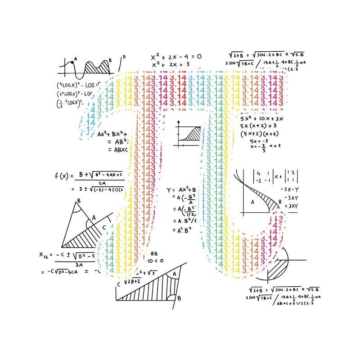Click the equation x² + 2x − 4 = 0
176,57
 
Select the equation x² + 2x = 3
171,65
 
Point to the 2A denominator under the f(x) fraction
102,183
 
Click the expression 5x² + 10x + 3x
261,118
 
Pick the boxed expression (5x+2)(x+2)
260,134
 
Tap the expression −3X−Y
289,189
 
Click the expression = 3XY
289,206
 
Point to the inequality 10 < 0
155,261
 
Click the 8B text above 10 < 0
153,254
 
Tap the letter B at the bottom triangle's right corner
179,297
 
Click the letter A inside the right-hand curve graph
252,202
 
